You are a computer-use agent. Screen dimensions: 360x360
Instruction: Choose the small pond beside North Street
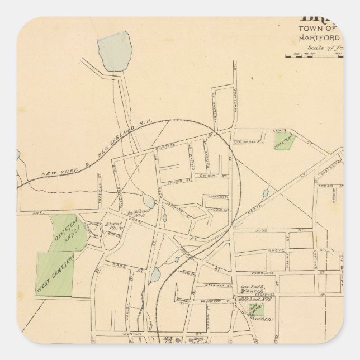(x=264, y=194)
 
